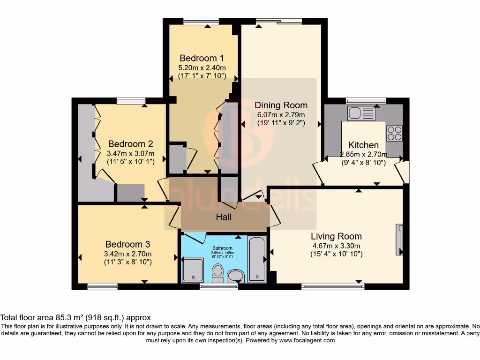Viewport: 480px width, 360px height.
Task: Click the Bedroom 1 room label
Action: [x=202, y=58]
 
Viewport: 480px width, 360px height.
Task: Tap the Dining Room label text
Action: [x=281, y=105]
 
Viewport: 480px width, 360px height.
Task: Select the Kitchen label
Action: [x=363, y=145]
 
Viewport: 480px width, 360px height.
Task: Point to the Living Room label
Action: [x=337, y=236]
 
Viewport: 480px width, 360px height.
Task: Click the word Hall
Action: [x=224, y=217]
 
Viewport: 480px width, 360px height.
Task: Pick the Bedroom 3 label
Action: [x=127, y=244]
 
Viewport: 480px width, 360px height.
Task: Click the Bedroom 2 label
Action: [x=130, y=144]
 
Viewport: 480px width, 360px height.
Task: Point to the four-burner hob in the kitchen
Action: [x=394, y=134]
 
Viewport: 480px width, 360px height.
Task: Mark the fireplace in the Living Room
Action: [x=400, y=239]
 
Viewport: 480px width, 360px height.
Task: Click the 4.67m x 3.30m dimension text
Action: [x=337, y=246]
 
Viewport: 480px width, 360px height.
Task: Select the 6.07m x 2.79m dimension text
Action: [x=281, y=115]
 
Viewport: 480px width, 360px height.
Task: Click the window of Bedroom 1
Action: [x=201, y=21]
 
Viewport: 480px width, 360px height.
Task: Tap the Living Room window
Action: [x=333, y=286]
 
